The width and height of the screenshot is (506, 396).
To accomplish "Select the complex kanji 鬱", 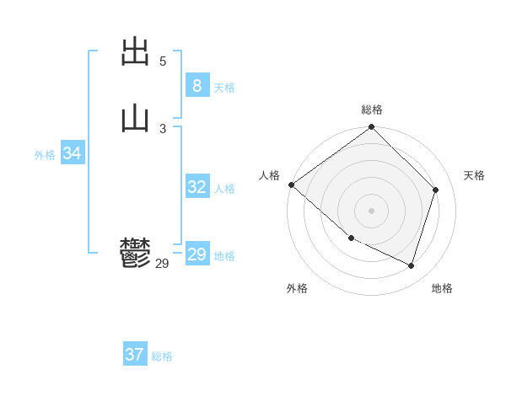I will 135,252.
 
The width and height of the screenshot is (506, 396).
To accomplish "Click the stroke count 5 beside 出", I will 163,62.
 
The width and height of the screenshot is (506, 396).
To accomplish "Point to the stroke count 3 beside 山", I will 163,128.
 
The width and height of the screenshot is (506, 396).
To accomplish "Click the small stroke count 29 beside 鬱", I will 163,264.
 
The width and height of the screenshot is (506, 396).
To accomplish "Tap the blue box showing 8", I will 196,85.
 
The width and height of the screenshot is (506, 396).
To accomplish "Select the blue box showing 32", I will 196,187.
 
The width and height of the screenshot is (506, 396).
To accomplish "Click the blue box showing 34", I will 73,153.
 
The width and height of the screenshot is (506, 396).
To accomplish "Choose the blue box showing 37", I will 134,355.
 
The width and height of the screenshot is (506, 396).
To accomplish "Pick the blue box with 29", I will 196,254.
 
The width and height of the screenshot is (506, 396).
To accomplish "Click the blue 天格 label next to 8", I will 224,88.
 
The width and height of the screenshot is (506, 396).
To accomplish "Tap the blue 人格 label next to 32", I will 224,189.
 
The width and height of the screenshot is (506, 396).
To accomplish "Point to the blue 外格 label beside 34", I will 45,155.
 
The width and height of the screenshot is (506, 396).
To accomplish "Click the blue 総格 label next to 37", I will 162,356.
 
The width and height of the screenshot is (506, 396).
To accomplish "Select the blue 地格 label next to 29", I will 224,256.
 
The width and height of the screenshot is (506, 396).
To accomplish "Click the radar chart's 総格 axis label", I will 372,110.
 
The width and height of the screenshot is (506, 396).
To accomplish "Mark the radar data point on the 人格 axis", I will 291,185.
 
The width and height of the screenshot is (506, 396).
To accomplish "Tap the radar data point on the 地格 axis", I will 412,266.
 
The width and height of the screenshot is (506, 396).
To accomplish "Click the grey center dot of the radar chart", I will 372,210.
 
